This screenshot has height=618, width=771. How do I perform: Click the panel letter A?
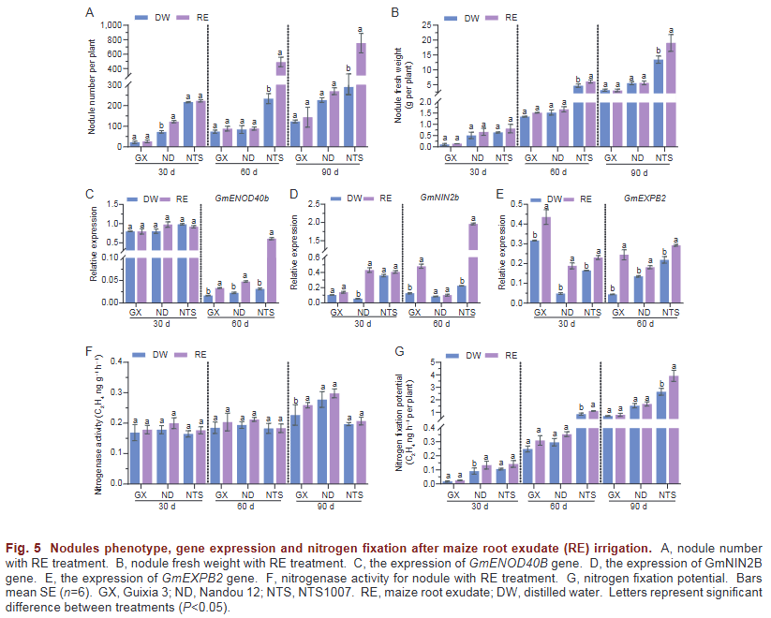(89, 12)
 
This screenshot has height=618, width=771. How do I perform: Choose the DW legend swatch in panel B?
(446, 17)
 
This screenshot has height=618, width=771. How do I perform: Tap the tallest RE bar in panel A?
(360, 94)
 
